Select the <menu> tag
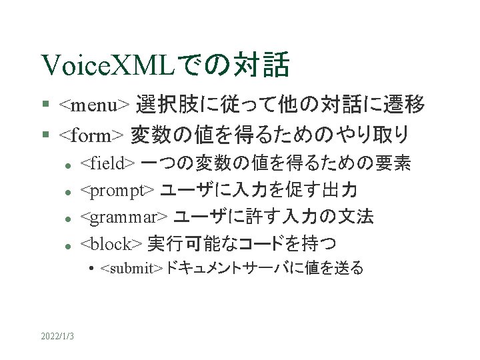coord(94,105)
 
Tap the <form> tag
coord(91,135)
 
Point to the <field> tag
coord(109,163)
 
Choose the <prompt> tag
coord(118,190)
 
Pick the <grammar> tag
coord(124,217)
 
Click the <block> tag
coord(110,243)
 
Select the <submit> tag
coord(131,269)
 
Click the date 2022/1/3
coord(57,335)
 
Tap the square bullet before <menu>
coord(45,105)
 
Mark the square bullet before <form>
coord(45,136)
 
